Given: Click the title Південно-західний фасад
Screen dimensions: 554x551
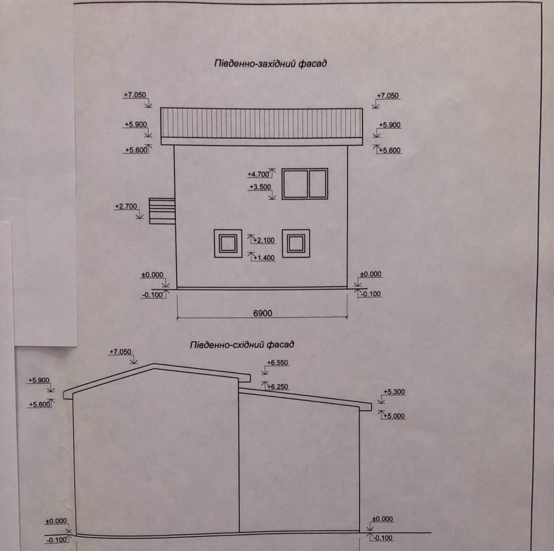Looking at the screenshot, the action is (270, 64).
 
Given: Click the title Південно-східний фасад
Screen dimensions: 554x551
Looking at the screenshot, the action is (242, 345).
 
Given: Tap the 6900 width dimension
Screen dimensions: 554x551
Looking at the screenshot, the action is (263, 313).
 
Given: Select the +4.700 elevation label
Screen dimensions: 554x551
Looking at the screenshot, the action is (258, 174).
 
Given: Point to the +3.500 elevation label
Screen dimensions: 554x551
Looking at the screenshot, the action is (260, 187).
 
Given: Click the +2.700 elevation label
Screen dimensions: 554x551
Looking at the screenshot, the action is (126, 206).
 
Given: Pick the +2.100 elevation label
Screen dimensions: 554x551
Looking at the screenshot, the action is (264, 240).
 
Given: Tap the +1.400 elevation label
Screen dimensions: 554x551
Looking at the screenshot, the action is (264, 258).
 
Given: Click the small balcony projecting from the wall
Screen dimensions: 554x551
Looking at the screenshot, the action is (162, 211).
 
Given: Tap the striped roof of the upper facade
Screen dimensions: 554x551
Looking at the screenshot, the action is (261, 123).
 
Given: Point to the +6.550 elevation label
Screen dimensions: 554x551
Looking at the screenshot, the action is (278, 363).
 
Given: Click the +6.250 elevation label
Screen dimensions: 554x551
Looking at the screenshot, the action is (278, 387).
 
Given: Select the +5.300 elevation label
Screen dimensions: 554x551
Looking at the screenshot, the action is (394, 392).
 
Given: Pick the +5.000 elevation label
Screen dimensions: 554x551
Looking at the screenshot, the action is (394, 416).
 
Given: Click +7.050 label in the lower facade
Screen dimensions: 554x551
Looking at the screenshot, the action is (120, 352).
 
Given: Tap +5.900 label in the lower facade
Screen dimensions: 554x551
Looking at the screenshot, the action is (39, 380).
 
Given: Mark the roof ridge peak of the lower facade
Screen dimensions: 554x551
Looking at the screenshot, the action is (153, 363).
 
